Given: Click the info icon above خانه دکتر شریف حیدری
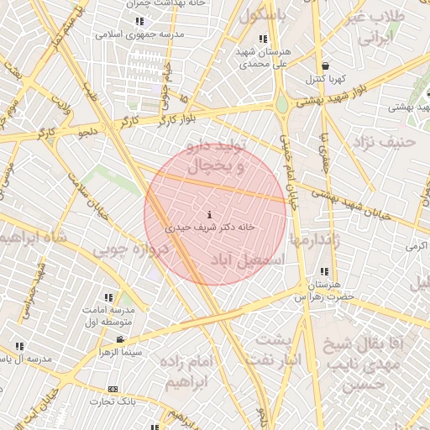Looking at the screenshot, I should [x=209, y=215].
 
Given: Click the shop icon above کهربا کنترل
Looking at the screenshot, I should [x=325, y=66].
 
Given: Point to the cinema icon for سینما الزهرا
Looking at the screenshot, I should [x=120, y=339].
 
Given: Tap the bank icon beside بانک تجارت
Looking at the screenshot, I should [x=113, y=389].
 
